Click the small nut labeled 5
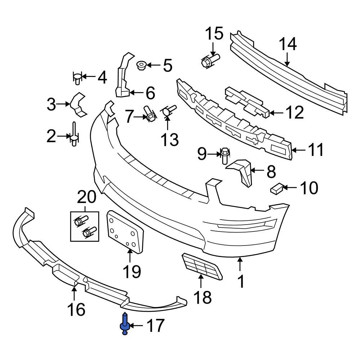[141, 66]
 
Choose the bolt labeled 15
[210, 60]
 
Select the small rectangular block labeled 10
[276, 188]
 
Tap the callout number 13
[169, 139]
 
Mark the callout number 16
[76, 309]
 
